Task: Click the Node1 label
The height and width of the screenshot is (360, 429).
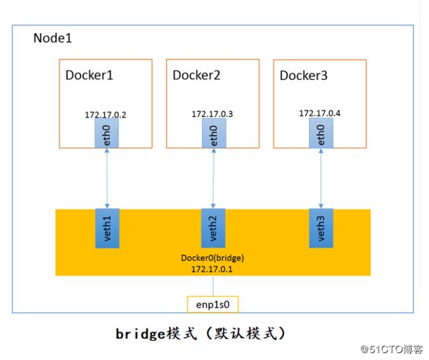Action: (x=53, y=38)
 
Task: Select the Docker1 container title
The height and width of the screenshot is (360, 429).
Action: (x=89, y=75)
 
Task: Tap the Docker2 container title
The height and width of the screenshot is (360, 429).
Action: (x=197, y=75)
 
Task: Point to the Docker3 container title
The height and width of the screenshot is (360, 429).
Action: (x=304, y=75)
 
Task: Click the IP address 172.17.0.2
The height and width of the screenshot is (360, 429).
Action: (x=106, y=115)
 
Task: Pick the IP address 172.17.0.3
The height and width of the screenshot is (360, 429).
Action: (x=213, y=114)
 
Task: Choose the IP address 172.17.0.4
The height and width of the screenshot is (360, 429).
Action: (x=319, y=113)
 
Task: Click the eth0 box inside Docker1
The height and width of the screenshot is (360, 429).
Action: (x=107, y=133)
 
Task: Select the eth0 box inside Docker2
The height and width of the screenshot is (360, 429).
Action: (x=214, y=133)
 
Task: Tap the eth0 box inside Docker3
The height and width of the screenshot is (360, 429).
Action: (x=321, y=133)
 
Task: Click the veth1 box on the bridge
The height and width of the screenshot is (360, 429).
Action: (x=107, y=229)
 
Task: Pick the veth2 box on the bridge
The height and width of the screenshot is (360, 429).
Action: (x=213, y=228)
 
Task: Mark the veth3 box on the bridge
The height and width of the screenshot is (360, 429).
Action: (x=321, y=228)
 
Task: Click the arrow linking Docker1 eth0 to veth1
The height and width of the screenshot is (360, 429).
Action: (x=107, y=178)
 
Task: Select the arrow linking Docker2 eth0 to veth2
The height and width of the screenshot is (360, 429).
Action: (x=213, y=178)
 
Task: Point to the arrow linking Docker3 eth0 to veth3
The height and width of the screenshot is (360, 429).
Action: (x=321, y=178)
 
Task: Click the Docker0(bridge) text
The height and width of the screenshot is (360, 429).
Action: (x=213, y=258)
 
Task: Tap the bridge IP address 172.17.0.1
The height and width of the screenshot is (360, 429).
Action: (x=212, y=269)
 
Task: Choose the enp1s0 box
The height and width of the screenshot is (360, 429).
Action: (x=213, y=305)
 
